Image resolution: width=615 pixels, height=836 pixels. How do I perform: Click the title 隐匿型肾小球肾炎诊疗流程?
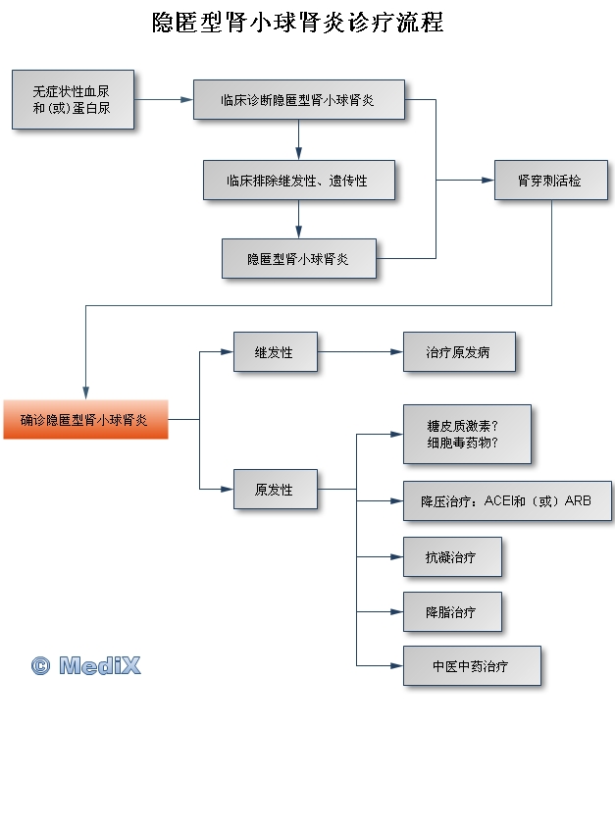(297, 24)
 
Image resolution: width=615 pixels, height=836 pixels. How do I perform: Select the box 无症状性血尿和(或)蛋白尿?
(73, 99)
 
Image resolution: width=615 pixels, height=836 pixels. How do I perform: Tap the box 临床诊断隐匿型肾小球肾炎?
(298, 100)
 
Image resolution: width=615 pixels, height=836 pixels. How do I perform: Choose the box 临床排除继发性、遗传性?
(298, 181)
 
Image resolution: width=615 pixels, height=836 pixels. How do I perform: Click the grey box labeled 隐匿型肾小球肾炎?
(298, 259)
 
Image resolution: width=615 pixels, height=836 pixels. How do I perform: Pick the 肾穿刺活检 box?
(549, 181)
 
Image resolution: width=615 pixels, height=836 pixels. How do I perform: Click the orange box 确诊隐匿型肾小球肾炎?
(85, 420)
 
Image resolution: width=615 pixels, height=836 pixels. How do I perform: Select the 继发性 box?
(275, 352)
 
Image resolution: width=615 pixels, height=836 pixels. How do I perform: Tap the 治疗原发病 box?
(458, 352)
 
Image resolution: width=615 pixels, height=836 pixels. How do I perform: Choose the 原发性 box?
(275, 489)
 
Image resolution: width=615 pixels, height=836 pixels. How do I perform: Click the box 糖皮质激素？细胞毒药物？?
(466, 434)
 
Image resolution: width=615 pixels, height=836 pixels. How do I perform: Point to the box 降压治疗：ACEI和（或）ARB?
(507, 501)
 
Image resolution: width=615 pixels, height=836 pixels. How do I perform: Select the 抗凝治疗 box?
(451, 557)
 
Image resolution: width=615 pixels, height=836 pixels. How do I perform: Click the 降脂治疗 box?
(451, 612)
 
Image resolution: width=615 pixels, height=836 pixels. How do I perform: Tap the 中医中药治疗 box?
(471, 666)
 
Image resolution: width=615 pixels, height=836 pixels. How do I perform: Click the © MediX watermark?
(86, 666)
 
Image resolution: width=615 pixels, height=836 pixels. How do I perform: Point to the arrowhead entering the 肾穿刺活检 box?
(487, 181)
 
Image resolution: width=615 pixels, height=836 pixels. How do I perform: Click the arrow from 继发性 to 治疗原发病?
(360, 352)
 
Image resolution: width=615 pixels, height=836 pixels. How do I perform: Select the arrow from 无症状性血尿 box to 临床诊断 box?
(163, 99)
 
